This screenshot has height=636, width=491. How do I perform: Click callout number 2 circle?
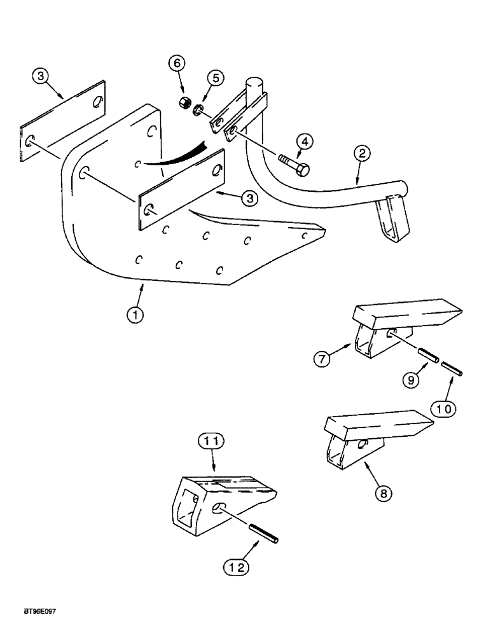pyautogui.click(x=361, y=153)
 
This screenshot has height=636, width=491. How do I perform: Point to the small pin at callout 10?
pyautogui.click(x=454, y=368)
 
